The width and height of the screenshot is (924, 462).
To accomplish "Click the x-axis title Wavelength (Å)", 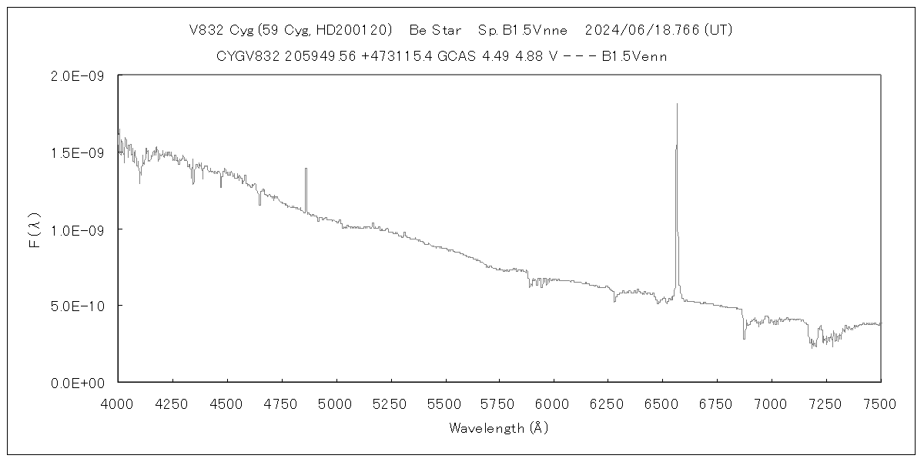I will pyautogui.click(x=498, y=427).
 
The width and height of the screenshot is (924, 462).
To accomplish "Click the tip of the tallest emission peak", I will pyautogui.click(x=677, y=104).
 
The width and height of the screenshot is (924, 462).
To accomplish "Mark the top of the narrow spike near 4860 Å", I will pyautogui.click(x=306, y=169).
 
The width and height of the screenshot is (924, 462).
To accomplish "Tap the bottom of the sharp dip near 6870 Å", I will pyautogui.click(x=744, y=338).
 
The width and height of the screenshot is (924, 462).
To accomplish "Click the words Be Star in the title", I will pyautogui.click(x=435, y=31).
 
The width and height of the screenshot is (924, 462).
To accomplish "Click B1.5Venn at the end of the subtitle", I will pyautogui.click(x=634, y=56).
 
